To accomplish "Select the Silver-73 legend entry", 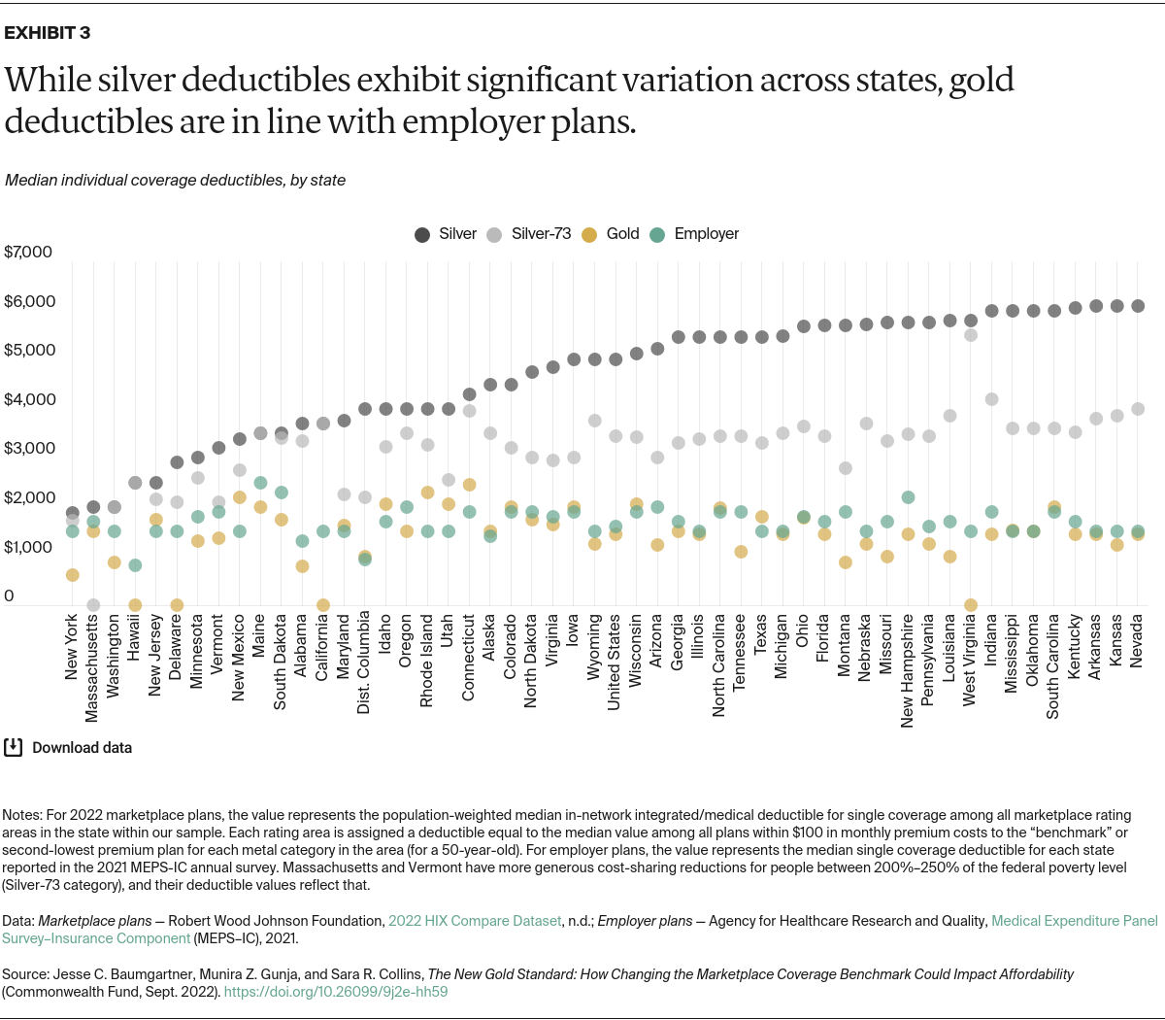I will click(x=530, y=234).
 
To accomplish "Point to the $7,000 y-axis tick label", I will click(x=28, y=253).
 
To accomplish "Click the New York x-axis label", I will click(x=72, y=649).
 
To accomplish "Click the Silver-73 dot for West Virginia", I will click(x=970, y=335).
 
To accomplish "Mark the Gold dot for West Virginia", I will click(x=970, y=605).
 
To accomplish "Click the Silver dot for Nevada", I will click(x=1137, y=306).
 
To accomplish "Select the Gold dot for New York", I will click(x=72, y=575).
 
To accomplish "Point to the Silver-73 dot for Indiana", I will click(x=991, y=399).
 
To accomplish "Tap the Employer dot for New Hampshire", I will click(x=908, y=497).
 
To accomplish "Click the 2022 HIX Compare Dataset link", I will click(x=475, y=921).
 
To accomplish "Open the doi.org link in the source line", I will click(x=336, y=992).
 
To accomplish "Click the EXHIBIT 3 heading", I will click(x=48, y=33).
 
